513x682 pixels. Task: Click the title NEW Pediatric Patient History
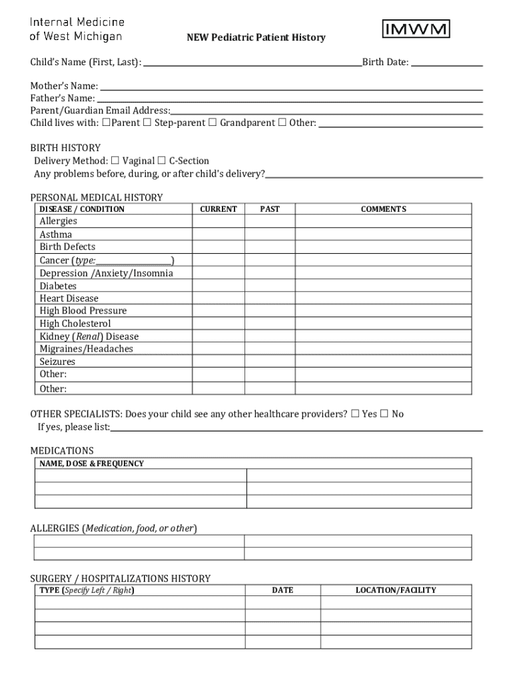(256, 38)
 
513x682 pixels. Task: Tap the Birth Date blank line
(446, 63)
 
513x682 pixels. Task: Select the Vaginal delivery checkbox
(115, 161)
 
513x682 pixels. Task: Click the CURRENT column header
(219, 209)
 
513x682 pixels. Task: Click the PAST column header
(270, 209)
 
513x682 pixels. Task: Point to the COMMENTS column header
(383, 209)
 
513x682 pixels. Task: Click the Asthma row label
(56, 234)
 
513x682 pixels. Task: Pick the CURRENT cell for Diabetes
(219, 286)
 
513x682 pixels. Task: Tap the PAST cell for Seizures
(270, 362)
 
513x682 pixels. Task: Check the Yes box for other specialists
(356, 414)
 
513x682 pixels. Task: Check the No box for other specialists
(384, 414)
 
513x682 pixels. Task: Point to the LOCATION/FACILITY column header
(396, 590)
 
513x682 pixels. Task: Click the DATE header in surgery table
(282, 590)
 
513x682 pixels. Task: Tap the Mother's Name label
(64, 86)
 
